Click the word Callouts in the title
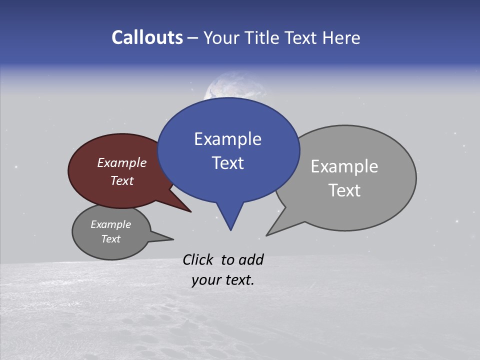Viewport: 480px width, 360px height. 147,37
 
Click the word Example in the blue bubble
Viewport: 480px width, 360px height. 227,139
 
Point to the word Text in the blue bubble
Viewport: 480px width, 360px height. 227,163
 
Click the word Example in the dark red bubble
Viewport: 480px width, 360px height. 121,162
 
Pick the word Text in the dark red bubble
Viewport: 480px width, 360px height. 121,180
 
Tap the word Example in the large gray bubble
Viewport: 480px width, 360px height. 344,166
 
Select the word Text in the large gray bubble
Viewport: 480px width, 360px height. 344,190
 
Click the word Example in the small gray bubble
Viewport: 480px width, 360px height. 110,224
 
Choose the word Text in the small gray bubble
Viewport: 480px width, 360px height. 110,239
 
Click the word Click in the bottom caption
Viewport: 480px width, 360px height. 198,259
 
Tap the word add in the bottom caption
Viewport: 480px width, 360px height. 250,259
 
